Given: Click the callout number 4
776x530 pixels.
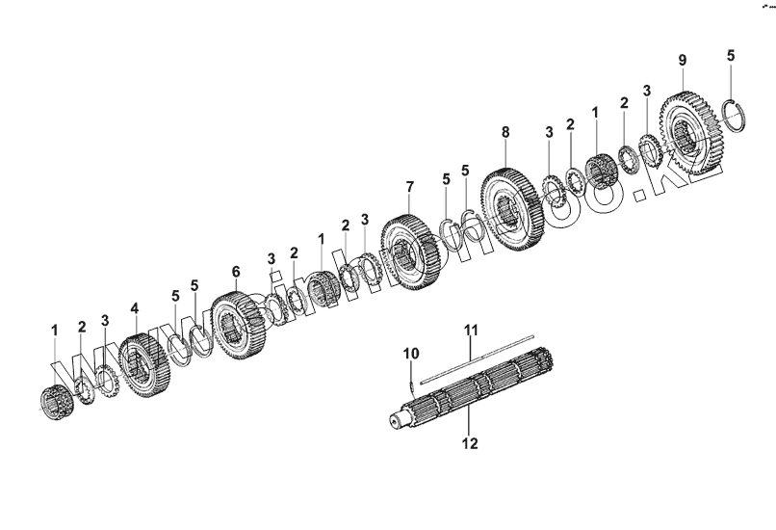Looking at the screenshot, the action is pos(135,308).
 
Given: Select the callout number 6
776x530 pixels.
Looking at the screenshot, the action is pos(236,273).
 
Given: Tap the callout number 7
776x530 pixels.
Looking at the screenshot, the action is pos(409,186).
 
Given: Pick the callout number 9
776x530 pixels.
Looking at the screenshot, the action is pos(682,61).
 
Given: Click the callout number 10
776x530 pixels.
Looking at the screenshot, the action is pos(411,354).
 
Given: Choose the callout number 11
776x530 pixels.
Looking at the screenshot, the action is pos(472,330).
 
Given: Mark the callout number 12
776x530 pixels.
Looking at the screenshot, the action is pos(470,444).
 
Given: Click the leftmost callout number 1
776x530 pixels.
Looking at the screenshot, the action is pos(55,331).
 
